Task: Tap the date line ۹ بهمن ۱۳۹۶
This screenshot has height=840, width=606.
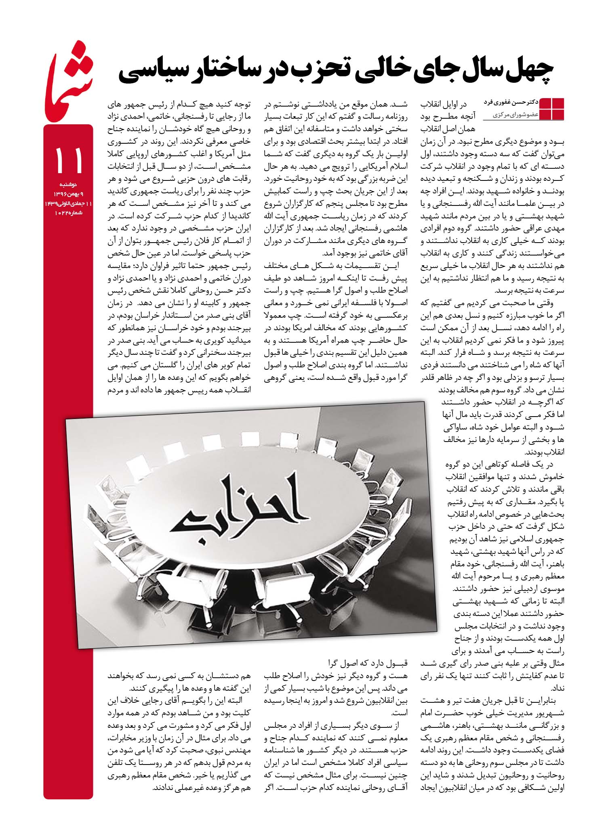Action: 68,195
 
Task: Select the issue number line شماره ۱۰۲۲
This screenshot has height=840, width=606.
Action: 68,213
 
